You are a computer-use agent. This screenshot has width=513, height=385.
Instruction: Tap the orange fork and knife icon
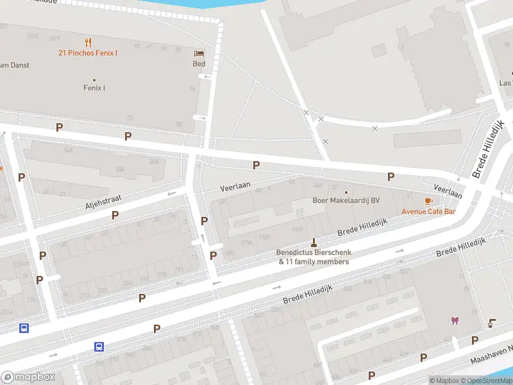click(x=88, y=42)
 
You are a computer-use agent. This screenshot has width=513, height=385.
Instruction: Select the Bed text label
click(x=199, y=64)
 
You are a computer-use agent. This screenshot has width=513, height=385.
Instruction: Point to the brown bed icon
click(x=199, y=53)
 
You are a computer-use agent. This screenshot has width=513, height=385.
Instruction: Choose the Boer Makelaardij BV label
click(x=346, y=201)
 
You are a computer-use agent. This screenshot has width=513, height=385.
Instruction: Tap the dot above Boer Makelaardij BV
click(x=346, y=192)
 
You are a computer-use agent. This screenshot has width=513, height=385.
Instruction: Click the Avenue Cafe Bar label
click(x=428, y=211)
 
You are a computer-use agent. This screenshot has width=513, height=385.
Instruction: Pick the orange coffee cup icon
click(x=428, y=201)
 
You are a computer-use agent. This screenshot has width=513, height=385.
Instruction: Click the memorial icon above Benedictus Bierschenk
click(x=314, y=242)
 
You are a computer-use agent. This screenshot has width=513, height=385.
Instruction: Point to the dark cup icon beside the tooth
click(x=492, y=323)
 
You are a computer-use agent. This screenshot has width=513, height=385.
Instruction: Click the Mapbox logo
click(x=28, y=377)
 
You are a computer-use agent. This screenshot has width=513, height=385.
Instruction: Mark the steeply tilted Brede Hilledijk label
click(x=489, y=149)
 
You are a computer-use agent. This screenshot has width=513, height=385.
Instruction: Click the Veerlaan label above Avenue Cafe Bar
click(x=448, y=191)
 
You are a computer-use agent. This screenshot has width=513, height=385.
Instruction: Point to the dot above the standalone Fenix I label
click(x=94, y=80)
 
